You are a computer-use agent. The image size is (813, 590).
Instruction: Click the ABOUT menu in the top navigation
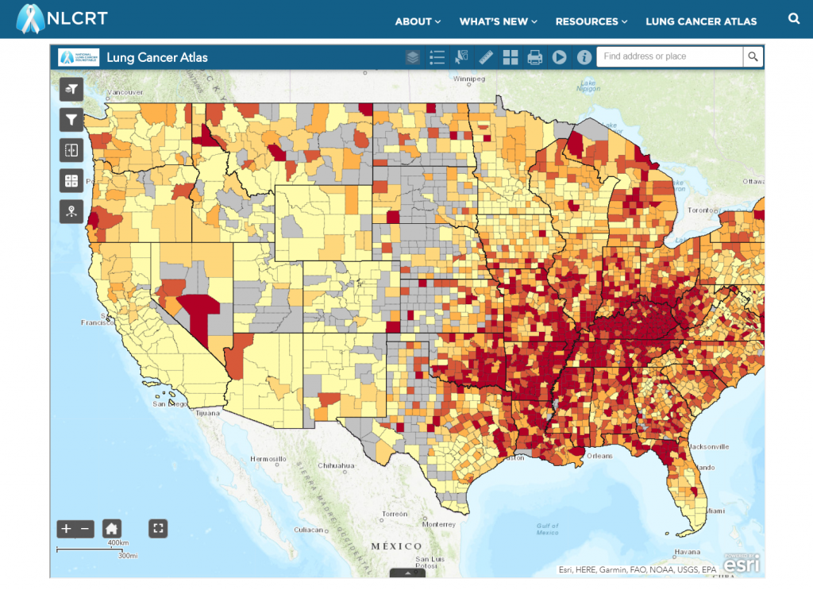(x=418, y=21)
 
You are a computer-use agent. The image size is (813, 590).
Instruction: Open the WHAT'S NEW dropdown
(x=498, y=21)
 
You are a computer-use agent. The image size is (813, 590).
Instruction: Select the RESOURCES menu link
(x=591, y=21)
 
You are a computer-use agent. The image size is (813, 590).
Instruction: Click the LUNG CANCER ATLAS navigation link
(x=701, y=21)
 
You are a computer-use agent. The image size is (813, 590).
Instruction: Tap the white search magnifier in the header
(x=794, y=19)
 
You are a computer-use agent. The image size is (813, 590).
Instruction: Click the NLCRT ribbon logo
(x=30, y=19)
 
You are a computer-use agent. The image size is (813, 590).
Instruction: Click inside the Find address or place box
(x=669, y=56)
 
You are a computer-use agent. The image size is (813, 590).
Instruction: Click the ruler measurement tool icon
(x=486, y=57)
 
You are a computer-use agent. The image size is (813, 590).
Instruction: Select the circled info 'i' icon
(x=584, y=57)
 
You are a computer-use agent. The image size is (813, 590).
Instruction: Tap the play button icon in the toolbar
(x=559, y=57)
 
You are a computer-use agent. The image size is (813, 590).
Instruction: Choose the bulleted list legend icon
(x=437, y=57)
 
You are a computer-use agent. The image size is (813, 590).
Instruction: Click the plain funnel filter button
(x=71, y=119)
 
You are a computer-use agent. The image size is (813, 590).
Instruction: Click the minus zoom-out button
(x=86, y=528)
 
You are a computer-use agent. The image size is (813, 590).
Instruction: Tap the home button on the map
(x=112, y=528)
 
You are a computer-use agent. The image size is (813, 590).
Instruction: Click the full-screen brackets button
(x=158, y=528)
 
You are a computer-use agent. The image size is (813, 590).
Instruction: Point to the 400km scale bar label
(x=118, y=543)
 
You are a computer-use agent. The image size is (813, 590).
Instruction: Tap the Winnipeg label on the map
(x=468, y=79)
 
